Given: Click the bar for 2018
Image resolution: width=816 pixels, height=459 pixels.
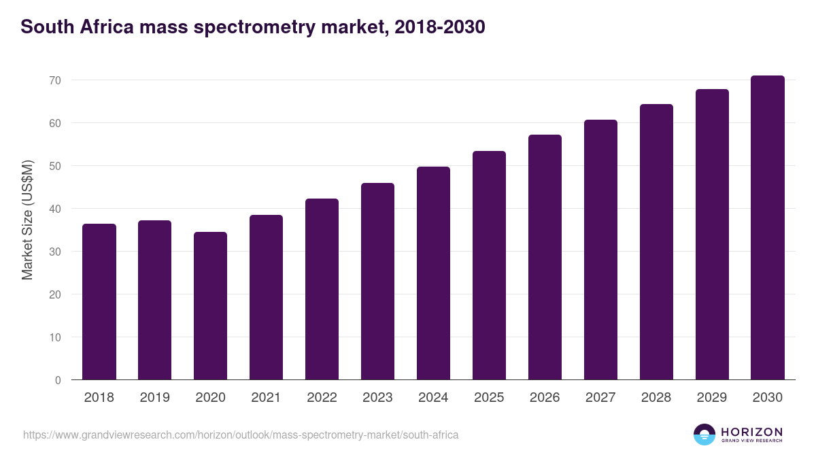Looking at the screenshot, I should pos(99,302).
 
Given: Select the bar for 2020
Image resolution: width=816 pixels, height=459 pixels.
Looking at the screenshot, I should pos(211,306).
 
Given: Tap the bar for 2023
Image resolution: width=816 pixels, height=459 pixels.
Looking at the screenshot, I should pos(377,282).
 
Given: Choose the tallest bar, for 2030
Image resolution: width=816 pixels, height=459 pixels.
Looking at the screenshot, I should pos(768,228).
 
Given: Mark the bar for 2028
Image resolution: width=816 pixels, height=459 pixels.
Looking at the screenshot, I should pos(656,242).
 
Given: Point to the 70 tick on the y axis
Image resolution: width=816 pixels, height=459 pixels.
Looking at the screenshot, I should pos(55,80).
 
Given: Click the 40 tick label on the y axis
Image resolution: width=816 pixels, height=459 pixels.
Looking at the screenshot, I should pos(55,209).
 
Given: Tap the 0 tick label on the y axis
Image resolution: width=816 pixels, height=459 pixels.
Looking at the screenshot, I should pos(58,380).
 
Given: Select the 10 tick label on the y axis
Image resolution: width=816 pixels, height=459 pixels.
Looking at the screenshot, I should pos(55,337).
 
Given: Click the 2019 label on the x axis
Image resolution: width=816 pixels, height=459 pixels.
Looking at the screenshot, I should pos(155,398).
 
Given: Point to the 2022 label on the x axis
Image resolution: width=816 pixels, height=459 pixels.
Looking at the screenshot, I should pos(322,398).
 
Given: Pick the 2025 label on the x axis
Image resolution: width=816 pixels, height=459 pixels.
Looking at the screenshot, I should pos(489,398).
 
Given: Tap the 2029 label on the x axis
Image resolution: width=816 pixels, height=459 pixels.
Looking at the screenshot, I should pos(712,398).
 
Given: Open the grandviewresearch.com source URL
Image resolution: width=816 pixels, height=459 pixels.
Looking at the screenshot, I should pos(241,435).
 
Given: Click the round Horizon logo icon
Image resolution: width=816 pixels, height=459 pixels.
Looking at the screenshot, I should pos(704,435).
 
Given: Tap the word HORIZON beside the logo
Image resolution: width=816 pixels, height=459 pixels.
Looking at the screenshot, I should pos(751,432).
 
